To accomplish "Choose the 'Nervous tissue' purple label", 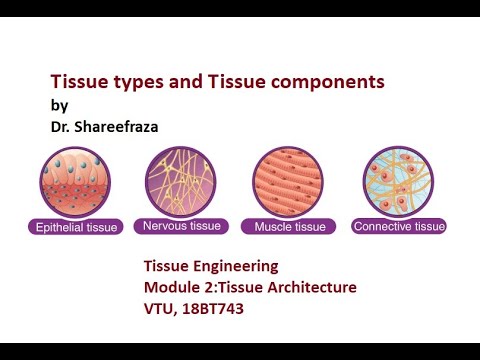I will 182,227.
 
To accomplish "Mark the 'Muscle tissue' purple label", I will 288,227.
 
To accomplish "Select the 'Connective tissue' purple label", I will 399,227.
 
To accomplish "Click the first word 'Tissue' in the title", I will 76,82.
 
